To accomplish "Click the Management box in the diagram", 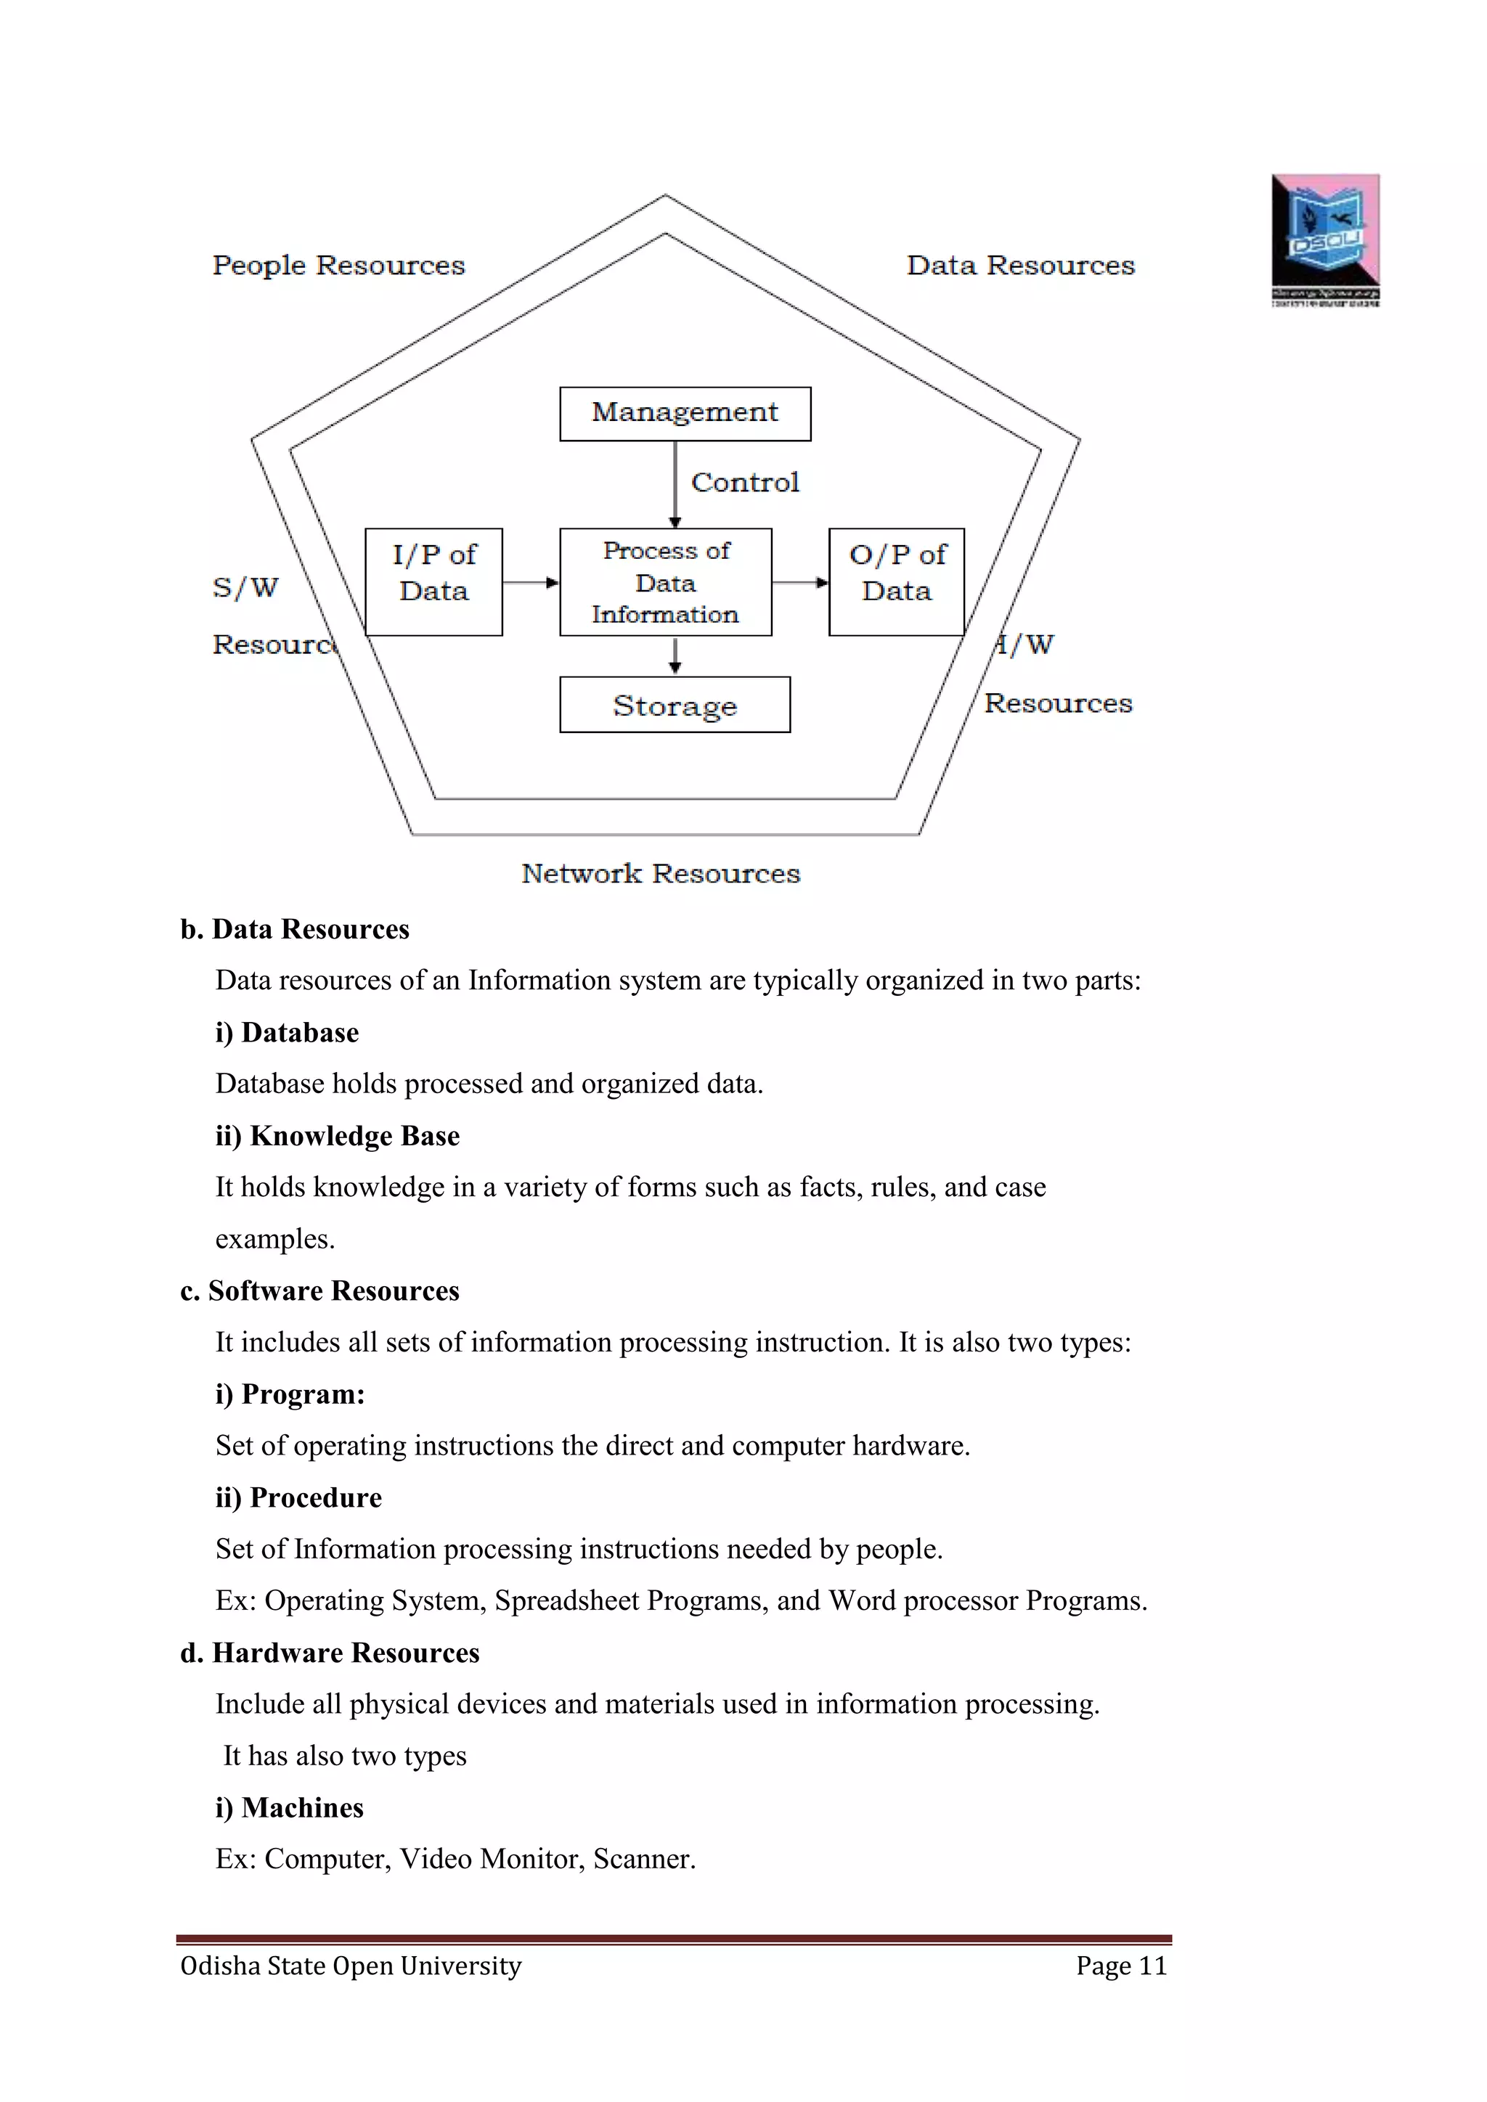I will pyautogui.click(x=685, y=414).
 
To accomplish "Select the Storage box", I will pyautogui.click(x=675, y=705).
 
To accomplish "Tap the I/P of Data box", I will pyautogui.click(x=434, y=582).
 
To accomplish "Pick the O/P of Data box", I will pyautogui.click(x=897, y=582).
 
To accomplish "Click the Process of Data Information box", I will pyautogui.click(x=666, y=582).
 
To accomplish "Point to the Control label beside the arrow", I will pyautogui.click(x=744, y=483).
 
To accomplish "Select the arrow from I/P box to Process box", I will pyautogui.click(x=530, y=582).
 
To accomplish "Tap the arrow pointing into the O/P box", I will pyautogui.click(x=800, y=582).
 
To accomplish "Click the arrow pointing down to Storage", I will pyautogui.click(x=675, y=655).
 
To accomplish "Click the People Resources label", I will pyautogui.click(x=339, y=266).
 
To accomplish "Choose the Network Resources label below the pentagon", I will pyautogui.click(x=660, y=873).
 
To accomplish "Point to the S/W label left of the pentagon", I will pyautogui.click(x=245, y=588).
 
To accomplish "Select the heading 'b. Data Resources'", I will pyautogui.click(x=295, y=929).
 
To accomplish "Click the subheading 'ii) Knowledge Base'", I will pyautogui.click(x=338, y=1136).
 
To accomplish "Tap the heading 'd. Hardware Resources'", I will pyautogui.click(x=330, y=1653).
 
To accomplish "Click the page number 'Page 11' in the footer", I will pyautogui.click(x=1121, y=1966).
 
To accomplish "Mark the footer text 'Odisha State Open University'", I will pyautogui.click(x=351, y=1966).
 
